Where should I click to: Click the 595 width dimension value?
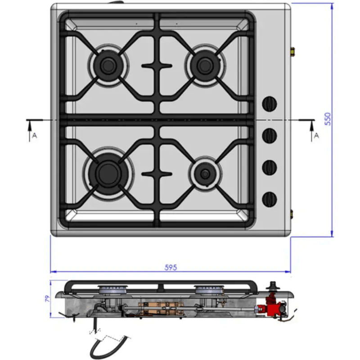pos(171,267)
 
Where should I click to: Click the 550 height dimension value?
pos(328,119)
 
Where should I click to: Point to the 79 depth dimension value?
pos(47,298)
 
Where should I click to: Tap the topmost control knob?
pos(270,104)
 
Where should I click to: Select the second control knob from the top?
pos(270,136)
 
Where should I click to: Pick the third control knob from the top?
pos(270,167)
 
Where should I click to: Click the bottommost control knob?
pos(270,199)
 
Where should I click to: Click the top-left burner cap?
pos(108,66)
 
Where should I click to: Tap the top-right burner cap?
pos(205,66)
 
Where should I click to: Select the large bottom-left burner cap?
pos(108,174)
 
